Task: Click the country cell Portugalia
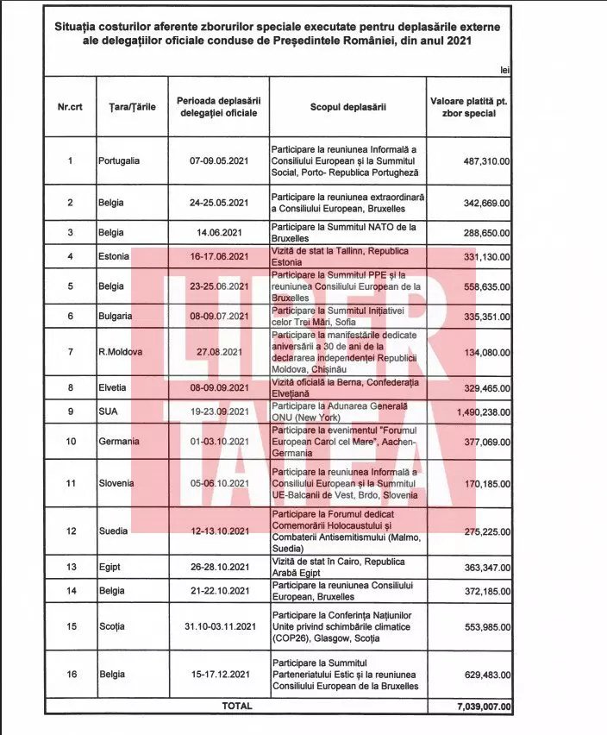coord(119,160)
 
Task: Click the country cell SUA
coord(108,412)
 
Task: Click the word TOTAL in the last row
coord(236,706)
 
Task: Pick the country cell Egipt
coord(110,567)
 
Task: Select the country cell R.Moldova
coord(120,352)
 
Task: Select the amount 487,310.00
coord(481,160)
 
